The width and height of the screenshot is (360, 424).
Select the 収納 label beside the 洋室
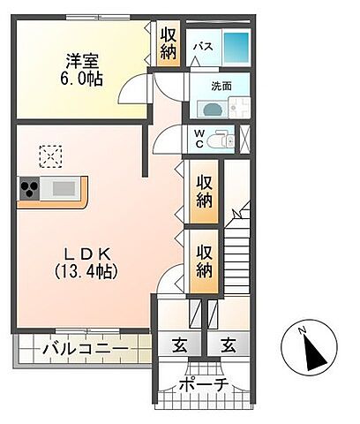click(x=169, y=43)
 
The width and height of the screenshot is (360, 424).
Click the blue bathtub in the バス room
click(x=236, y=46)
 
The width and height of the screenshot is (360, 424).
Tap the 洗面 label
click(x=221, y=87)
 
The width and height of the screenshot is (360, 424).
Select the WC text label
click(x=199, y=140)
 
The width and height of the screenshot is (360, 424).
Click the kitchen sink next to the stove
click(x=64, y=188)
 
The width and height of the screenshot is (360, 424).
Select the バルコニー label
click(x=85, y=351)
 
